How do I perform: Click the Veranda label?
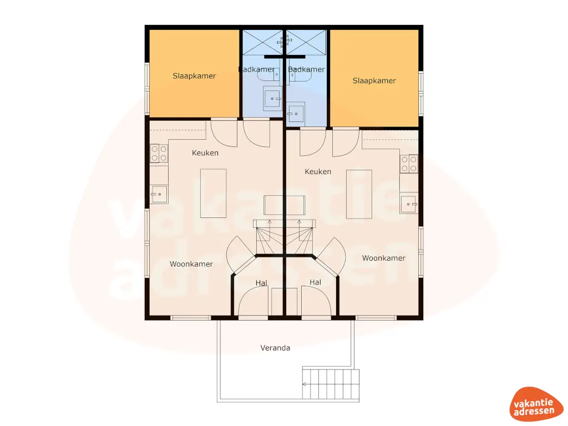point(275,348)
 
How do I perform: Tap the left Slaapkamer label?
point(194,76)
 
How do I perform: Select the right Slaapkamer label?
point(374,80)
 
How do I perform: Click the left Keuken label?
point(205,153)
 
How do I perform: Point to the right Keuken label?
point(318,171)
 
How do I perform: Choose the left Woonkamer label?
point(191,264)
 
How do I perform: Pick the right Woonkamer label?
point(383,258)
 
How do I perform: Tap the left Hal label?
point(261,283)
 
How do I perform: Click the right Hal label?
point(315,282)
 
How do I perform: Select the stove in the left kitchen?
point(159,153)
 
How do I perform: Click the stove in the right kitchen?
point(409,164)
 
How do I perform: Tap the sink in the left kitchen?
point(159,194)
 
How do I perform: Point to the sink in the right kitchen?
point(408,204)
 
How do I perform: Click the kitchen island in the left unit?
point(213,193)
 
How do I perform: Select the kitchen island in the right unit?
point(359,194)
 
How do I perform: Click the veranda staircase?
point(331,384)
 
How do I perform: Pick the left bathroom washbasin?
point(272,99)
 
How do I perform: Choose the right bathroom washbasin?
point(296,114)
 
